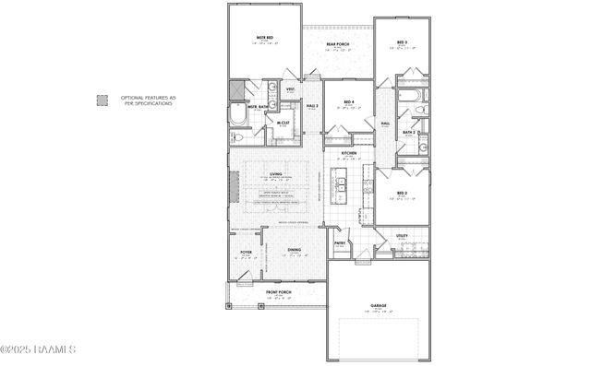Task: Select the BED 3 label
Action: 402,42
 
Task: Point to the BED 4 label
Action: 348,102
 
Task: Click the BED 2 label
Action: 402,193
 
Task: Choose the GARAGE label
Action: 378,305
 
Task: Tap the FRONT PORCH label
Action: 280,292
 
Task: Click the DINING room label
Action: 293,250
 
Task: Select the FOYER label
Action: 246,252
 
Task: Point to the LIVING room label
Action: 275,173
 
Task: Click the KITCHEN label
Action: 349,153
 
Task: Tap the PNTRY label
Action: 340,243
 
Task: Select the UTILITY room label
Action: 402,236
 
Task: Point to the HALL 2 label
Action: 312,106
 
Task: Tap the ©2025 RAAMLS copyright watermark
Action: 39,349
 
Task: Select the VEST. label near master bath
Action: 290,89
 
